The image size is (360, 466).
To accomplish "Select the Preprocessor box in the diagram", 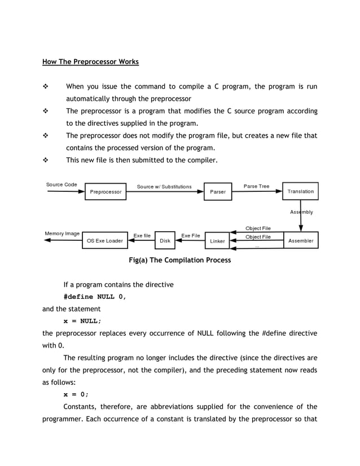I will click(106, 191).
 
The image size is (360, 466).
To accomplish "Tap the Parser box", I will click(218, 191).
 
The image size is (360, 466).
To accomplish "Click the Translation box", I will click(300, 191).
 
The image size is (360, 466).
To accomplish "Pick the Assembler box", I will click(301, 240).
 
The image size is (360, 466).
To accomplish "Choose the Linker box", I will click(218, 240).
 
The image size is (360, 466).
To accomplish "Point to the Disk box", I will click(165, 240).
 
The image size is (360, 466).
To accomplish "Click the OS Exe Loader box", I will click(104, 240).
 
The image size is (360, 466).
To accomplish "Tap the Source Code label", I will click(62, 184).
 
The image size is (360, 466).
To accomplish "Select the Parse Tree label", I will click(256, 186).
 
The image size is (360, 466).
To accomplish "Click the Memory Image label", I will click(62, 233).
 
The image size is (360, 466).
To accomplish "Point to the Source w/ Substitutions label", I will click(164, 186).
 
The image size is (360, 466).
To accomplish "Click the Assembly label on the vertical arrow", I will click(302, 212).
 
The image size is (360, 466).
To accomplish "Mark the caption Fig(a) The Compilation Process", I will click(180, 260).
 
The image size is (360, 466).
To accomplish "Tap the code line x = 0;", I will click(76, 394).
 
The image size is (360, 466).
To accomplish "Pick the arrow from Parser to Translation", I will click(257, 192).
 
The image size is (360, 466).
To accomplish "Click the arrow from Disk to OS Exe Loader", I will click(141, 240).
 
